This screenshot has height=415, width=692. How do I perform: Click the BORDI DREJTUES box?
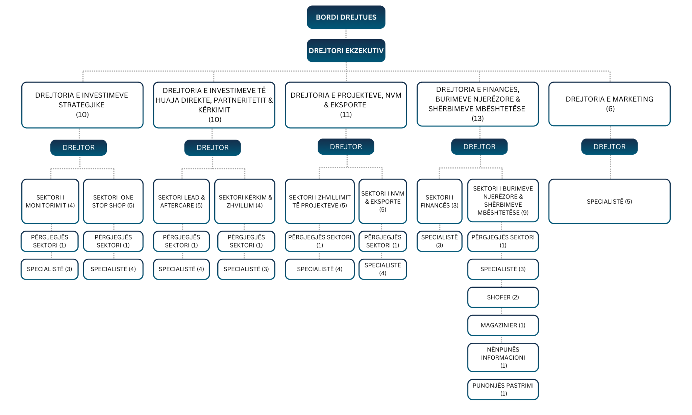(x=346, y=17)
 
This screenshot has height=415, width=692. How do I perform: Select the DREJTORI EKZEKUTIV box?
(x=346, y=51)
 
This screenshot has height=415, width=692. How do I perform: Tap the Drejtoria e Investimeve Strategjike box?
(x=82, y=105)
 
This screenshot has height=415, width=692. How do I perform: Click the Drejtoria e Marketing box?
(x=610, y=104)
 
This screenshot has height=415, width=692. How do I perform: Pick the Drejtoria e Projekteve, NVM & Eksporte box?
(x=346, y=105)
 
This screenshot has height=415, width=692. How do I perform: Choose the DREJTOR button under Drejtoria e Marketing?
(x=610, y=147)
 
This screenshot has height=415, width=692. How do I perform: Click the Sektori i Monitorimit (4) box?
(x=50, y=201)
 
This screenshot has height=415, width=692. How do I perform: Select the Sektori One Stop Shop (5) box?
(x=113, y=201)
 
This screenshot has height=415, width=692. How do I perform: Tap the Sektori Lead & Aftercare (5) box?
(x=181, y=201)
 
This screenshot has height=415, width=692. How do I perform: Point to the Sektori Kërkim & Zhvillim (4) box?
(x=245, y=201)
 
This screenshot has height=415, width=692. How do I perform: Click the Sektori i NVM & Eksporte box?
(x=383, y=201)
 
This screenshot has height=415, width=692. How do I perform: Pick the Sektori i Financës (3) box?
(x=440, y=201)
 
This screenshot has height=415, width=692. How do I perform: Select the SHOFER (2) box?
(x=503, y=297)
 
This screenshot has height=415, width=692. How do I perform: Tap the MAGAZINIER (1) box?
(x=503, y=325)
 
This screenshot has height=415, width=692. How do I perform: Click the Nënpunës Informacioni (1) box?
(x=503, y=358)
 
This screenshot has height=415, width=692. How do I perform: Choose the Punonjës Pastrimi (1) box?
(x=503, y=389)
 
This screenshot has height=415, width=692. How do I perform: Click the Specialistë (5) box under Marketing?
(x=610, y=201)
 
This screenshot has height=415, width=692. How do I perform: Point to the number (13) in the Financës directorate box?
(x=478, y=119)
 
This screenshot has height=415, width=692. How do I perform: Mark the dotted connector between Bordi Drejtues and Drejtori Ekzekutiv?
(x=346, y=34)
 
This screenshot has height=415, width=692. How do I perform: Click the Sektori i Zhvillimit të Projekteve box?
(x=320, y=201)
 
